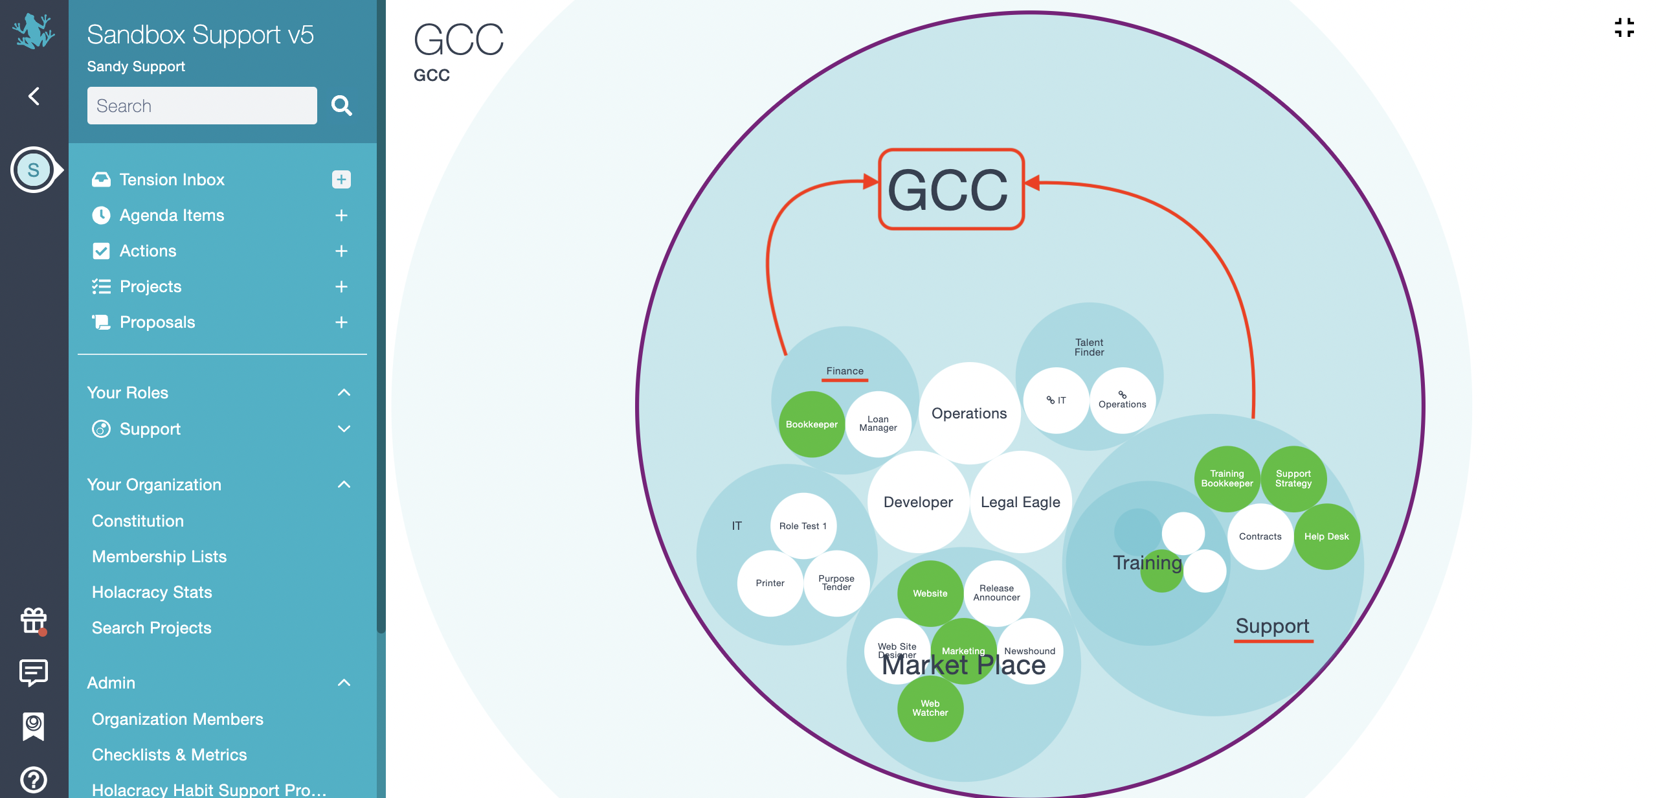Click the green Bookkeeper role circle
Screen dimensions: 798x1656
coord(811,424)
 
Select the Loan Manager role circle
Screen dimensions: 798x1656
coord(878,424)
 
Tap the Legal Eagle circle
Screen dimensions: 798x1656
coord(1020,502)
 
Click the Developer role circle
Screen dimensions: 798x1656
coord(918,502)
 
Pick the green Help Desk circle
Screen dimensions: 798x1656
coord(1326,536)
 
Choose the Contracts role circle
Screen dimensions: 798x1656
coord(1260,536)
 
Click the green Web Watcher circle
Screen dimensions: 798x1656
coord(930,709)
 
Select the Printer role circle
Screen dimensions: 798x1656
coord(770,583)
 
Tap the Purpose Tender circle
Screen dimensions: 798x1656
coord(836,583)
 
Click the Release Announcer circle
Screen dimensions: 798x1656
coord(997,593)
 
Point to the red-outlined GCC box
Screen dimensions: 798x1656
coord(950,189)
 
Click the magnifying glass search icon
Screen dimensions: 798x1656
coord(341,106)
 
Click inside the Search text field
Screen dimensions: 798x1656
coord(202,106)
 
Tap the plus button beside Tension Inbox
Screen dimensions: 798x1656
coord(341,179)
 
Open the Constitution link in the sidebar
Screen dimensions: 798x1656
coord(138,521)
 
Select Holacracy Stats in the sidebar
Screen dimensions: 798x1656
coord(152,592)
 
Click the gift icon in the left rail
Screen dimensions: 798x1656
coord(34,621)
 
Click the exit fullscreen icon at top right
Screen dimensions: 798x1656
coord(1624,28)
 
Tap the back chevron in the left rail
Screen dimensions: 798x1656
coord(34,97)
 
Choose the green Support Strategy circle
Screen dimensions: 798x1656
coord(1293,479)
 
